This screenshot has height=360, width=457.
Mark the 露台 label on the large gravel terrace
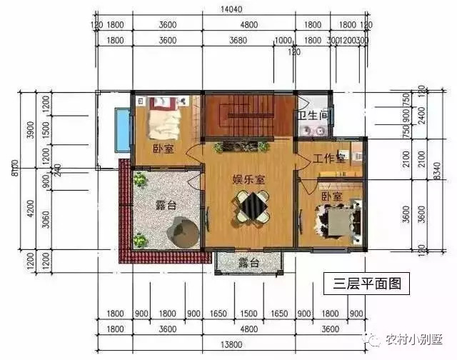[166, 206]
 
